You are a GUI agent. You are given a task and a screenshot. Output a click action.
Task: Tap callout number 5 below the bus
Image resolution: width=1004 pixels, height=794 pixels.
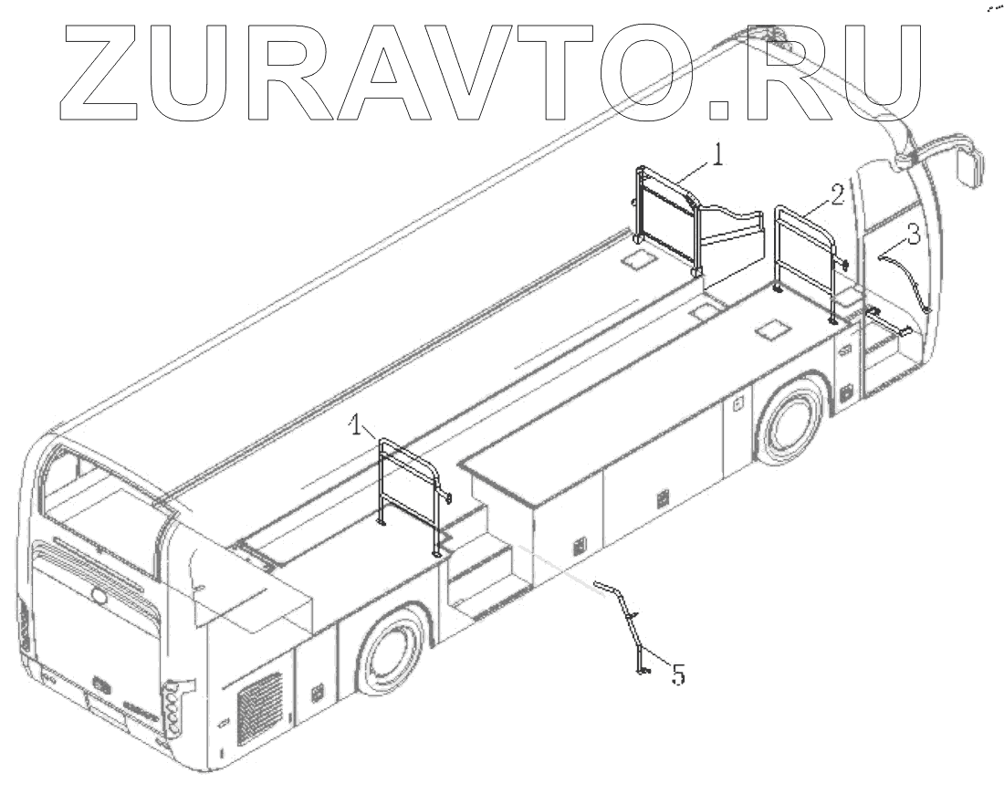point(678,676)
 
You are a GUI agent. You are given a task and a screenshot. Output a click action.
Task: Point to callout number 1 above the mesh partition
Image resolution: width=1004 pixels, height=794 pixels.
point(719,157)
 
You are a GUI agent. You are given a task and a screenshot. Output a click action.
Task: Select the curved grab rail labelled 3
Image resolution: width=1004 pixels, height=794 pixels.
point(907,278)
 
